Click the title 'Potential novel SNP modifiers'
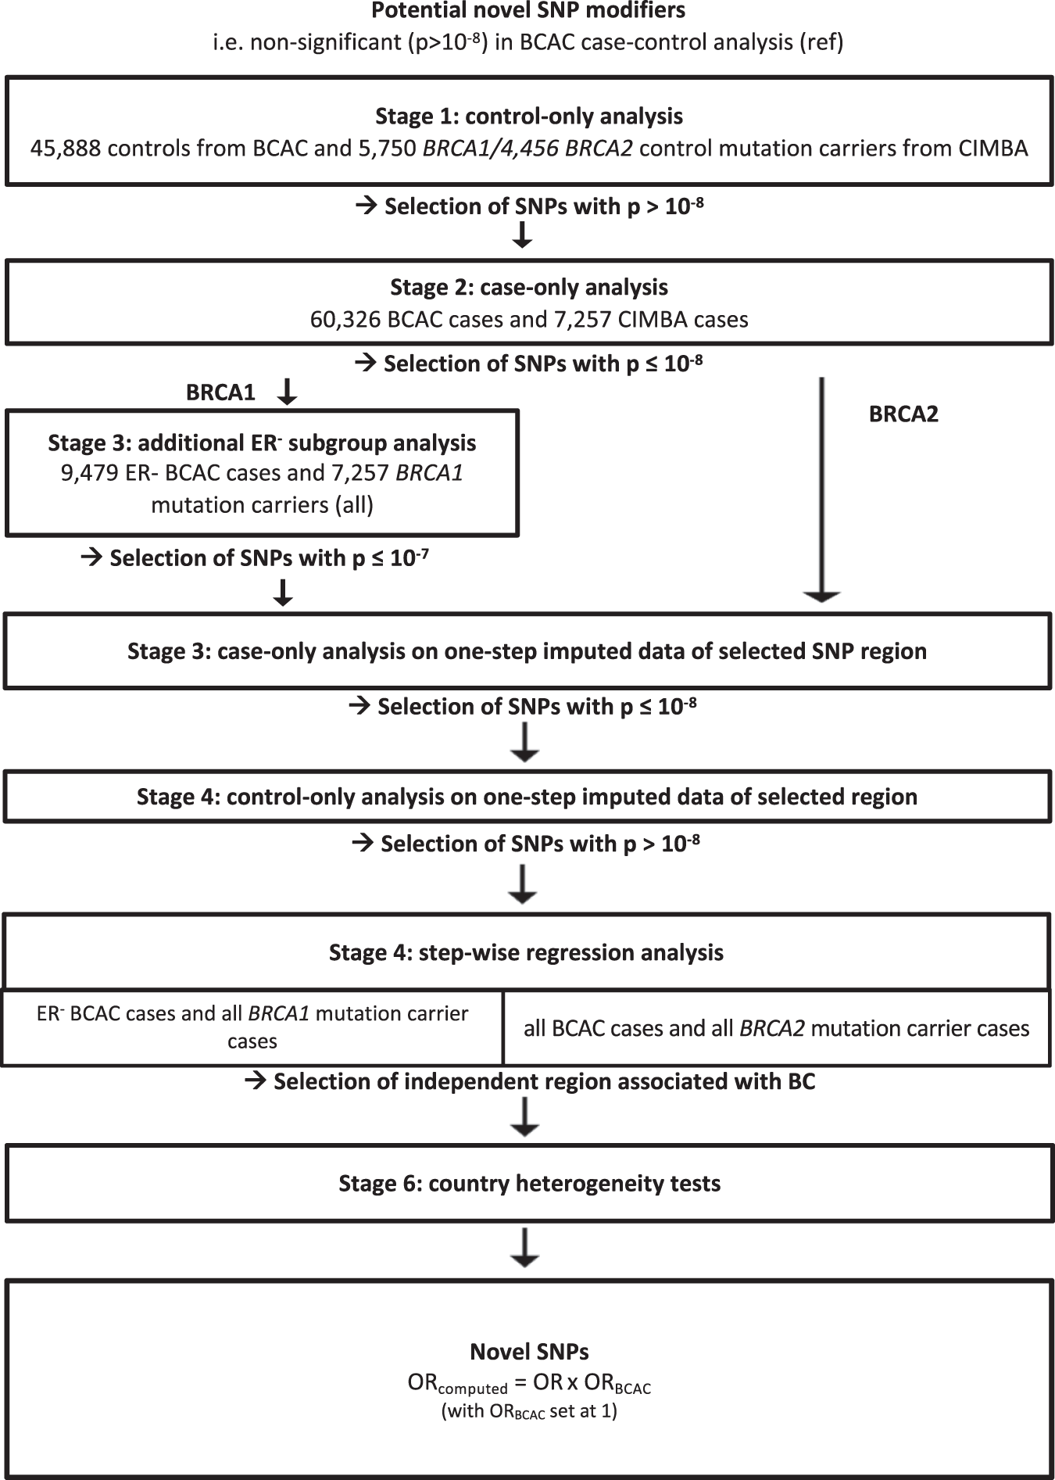coord(528,11)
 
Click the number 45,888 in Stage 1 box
coord(66,149)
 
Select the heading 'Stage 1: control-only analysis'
coord(529,116)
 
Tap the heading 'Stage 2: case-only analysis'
coord(529,287)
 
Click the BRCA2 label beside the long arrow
coord(903,414)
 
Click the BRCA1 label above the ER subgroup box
coord(220,392)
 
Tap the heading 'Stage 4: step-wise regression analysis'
coord(526,952)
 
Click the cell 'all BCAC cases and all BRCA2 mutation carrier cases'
coord(776,1028)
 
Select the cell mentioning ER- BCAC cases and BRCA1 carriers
coord(252,1027)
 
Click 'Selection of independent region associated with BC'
coord(544,1082)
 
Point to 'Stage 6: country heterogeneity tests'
coord(529,1183)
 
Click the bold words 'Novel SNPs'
coord(529,1352)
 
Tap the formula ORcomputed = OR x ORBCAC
coord(529,1384)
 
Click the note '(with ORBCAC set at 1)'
coord(529,1412)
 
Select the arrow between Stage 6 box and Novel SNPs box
coord(524,1247)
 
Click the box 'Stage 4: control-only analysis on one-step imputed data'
coord(527,797)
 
